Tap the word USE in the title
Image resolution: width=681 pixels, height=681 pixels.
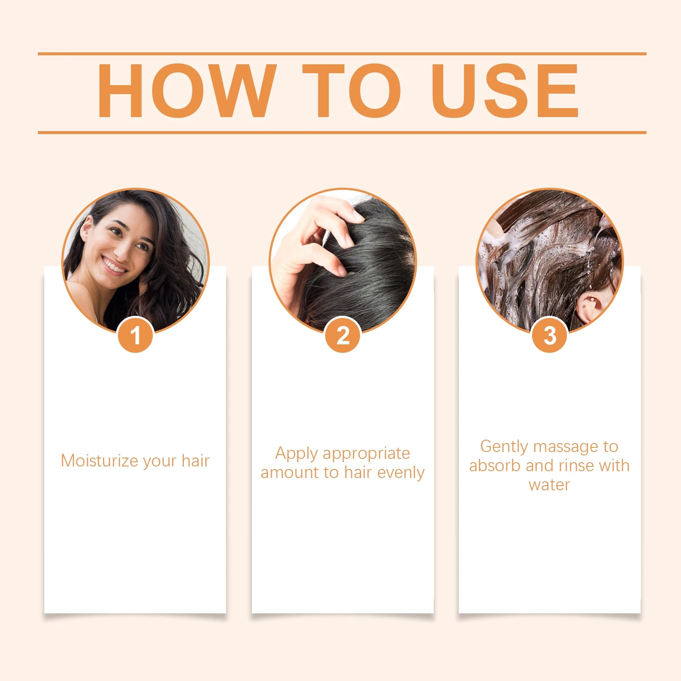coord(505,91)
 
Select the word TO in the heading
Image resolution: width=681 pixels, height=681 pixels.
coord(352,91)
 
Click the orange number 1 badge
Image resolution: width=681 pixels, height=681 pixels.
coord(136,335)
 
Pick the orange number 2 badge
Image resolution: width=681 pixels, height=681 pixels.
coord(343,335)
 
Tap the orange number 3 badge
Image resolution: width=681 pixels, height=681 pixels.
coord(550,335)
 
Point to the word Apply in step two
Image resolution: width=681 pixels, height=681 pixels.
coord(297,454)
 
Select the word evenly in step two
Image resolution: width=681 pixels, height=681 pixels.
coord(401,473)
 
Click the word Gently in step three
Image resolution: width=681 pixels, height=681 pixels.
coord(504,447)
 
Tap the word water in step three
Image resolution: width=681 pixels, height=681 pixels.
coord(549,485)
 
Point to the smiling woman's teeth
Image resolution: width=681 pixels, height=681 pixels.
coord(114,265)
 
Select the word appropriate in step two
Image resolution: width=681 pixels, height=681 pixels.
coord(366,454)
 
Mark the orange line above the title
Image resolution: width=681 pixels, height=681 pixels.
coord(342,54)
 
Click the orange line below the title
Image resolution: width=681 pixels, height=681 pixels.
coord(342,132)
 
